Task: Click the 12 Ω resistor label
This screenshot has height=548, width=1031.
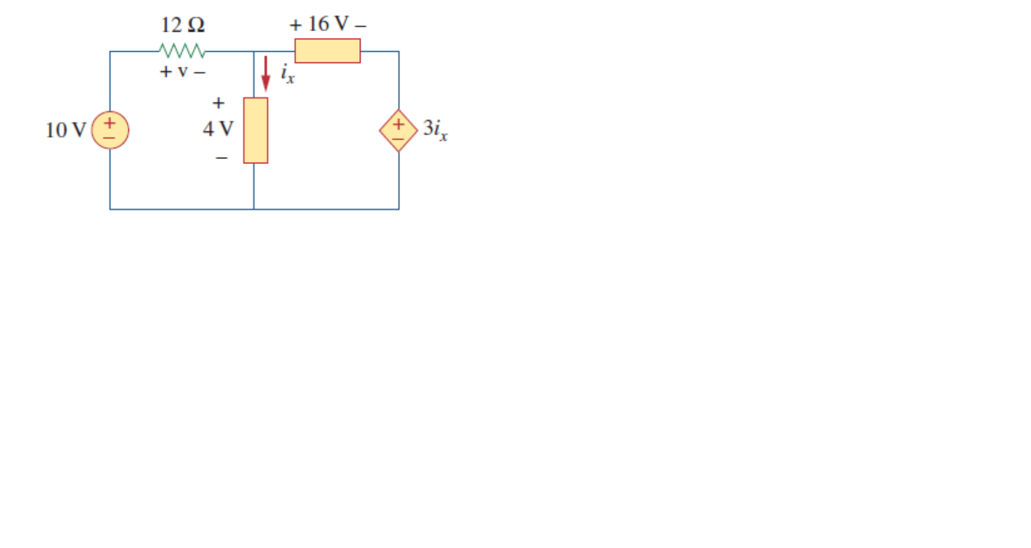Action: click(x=182, y=25)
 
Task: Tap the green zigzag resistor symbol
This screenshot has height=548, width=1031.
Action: click(x=182, y=50)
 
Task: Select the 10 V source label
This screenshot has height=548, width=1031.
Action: click(x=65, y=130)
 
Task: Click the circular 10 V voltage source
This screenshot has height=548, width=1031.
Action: click(x=110, y=130)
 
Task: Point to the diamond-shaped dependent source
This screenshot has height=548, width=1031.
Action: click(x=399, y=131)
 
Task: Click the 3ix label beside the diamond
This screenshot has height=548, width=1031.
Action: click(x=435, y=129)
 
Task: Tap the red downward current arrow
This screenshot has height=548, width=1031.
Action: click(x=266, y=74)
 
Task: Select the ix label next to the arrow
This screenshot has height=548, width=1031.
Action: click(x=287, y=74)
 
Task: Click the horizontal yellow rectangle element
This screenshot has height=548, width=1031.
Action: click(x=327, y=50)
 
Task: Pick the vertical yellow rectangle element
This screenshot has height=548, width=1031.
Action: click(x=256, y=130)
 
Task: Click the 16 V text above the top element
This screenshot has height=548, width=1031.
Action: click(x=328, y=24)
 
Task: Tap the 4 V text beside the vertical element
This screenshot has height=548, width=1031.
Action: click(x=218, y=129)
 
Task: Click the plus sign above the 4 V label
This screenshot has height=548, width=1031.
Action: click(x=218, y=103)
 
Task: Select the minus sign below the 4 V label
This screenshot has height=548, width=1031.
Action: click(x=221, y=158)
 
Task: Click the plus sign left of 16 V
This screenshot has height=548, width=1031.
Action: click(x=296, y=26)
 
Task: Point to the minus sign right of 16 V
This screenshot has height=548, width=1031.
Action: click(x=361, y=26)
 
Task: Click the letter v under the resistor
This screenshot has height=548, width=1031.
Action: click(x=182, y=72)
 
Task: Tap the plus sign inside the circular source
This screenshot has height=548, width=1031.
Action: click(x=110, y=123)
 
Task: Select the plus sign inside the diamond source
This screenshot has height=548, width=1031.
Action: click(x=399, y=124)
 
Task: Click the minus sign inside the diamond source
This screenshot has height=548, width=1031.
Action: click(x=399, y=138)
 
